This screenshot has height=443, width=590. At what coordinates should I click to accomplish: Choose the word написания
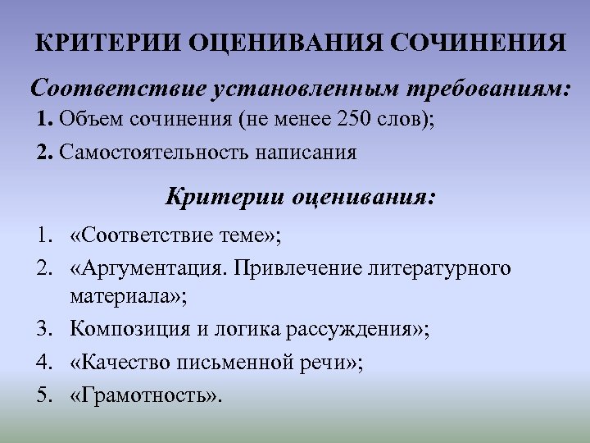click(x=308, y=153)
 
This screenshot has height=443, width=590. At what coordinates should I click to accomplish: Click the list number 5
click(x=43, y=395)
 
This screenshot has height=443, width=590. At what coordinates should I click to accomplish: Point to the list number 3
click(x=43, y=330)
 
